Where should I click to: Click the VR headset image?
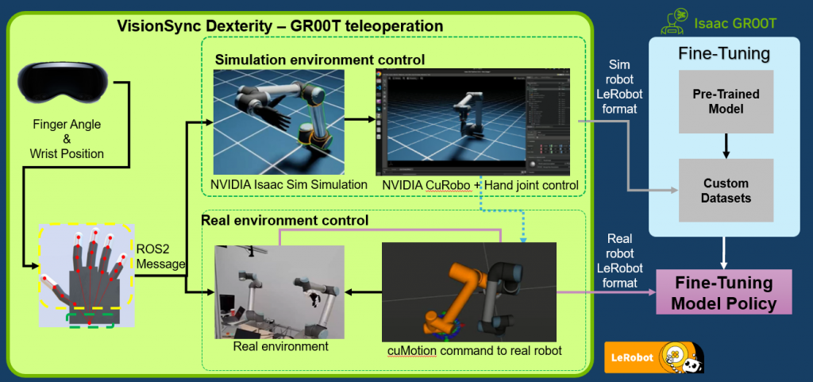pyautogui.click(x=63, y=83)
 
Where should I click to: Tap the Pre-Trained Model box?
pyautogui.click(x=726, y=102)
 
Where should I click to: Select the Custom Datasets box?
pyautogui.click(x=726, y=191)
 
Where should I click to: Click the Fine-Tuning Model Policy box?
pyautogui.click(x=724, y=291)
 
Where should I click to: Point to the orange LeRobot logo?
pyautogui.click(x=654, y=357)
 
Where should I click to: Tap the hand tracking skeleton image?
pyautogui.click(x=86, y=276)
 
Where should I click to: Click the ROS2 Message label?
pyautogui.click(x=160, y=256)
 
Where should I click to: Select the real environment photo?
pyautogui.click(x=279, y=291)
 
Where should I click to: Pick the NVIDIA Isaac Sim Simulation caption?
pyautogui.click(x=289, y=184)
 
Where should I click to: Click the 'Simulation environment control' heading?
pyautogui.click(x=320, y=60)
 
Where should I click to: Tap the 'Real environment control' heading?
pyautogui.click(x=285, y=220)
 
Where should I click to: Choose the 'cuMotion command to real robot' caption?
pyautogui.click(x=475, y=351)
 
